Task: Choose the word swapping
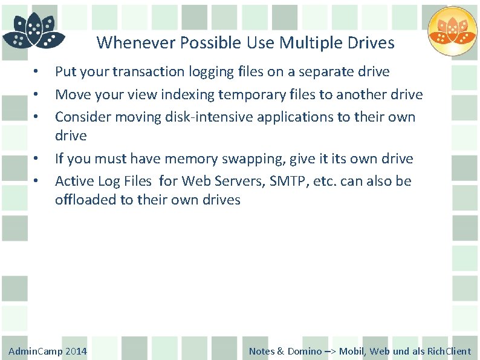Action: coord(248,159)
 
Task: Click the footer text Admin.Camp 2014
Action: coord(48,351)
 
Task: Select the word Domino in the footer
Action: coord(305,351)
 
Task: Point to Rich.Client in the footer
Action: coord(449,351)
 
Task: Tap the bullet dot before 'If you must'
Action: coord(37,159)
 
